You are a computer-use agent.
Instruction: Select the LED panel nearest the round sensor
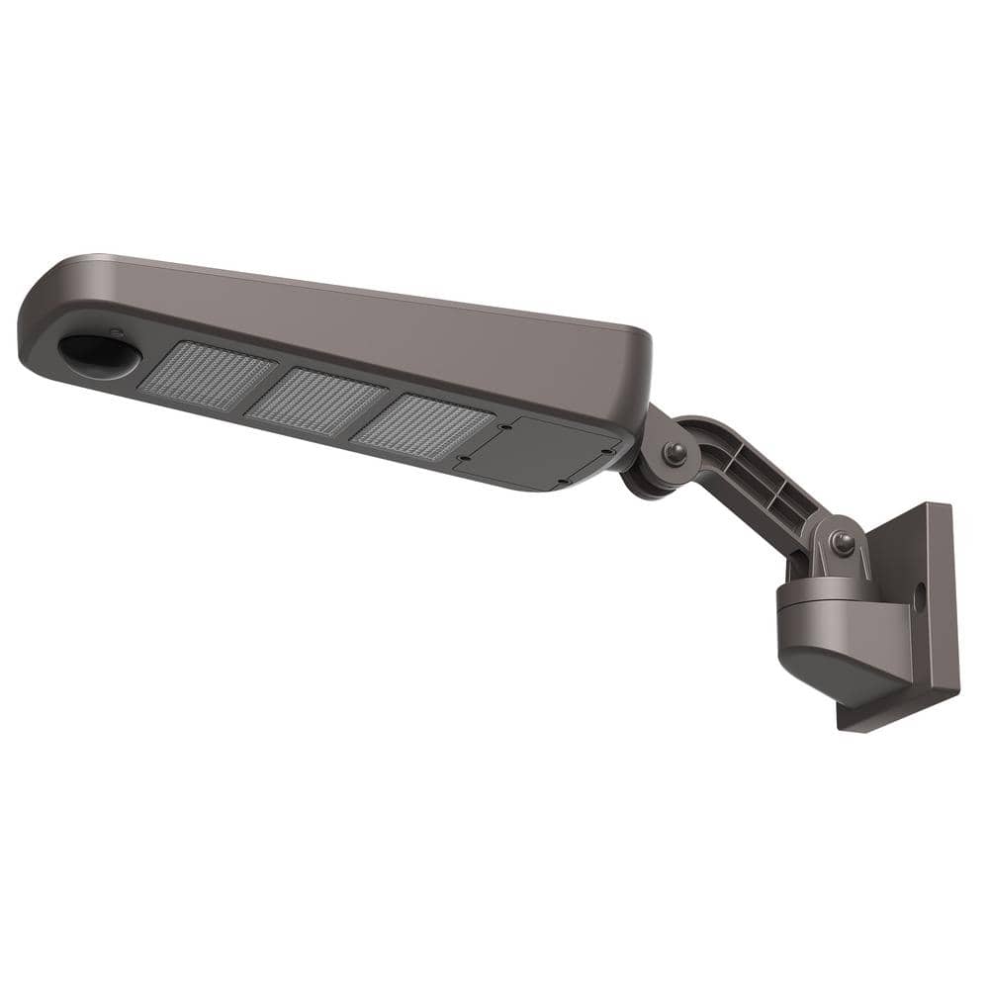(207, 377)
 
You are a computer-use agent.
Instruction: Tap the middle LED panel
(316, 401)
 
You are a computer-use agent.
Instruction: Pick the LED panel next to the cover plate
(422, 426)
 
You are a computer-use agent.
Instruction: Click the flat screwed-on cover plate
(539, 450)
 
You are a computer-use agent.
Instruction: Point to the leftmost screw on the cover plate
(462, 458)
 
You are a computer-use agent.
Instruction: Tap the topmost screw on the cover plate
(505, 426)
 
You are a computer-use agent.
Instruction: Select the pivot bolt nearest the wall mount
(842, 542)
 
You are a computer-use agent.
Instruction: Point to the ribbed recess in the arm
(761, 484)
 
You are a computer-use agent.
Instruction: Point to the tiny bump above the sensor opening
(116, 333)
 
